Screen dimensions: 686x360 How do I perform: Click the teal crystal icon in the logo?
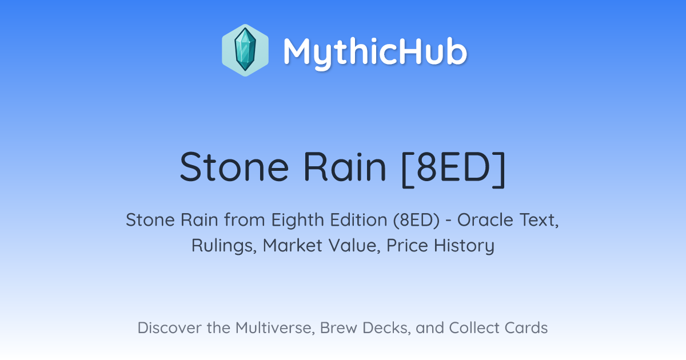pyautogui.click(x=245, y=50)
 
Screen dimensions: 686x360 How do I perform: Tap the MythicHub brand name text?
pyautogui.click(x=375, y=53)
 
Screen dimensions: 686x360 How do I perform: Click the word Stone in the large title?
pyautogui.click(x=234, y=167)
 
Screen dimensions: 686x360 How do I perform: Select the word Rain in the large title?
pyautogui.click(x=345, y=167)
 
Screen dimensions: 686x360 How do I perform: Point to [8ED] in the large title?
pyautogui.click(x=453, y=169)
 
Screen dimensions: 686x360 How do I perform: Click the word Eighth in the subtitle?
pyautogui.click(x=297, y=220)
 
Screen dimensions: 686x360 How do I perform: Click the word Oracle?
pyautogui.click(x=485, y=220)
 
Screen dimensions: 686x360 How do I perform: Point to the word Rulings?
pyautogui.click(x=224, y=246)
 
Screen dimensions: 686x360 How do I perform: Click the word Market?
pyautogui.click(x=293, y=246)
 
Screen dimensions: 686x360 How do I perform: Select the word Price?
pyautogui.click(x=407, y=246)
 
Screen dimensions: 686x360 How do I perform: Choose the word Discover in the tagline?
pyautogui.click(x=169, y=327)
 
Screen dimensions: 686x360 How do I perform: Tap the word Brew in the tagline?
pyautogui.click(x=338, y=328)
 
